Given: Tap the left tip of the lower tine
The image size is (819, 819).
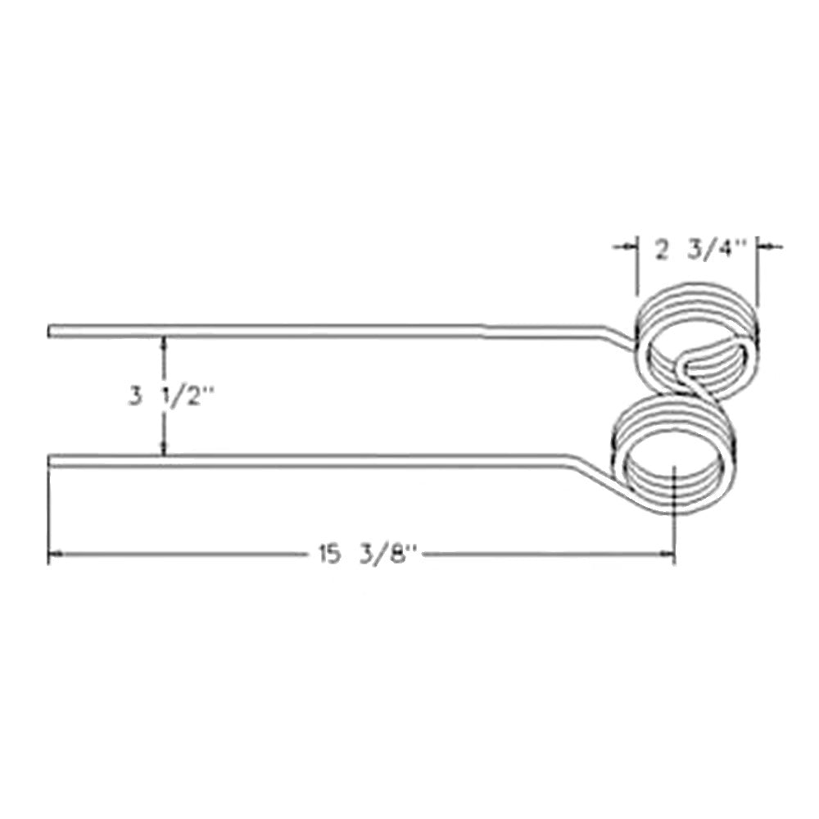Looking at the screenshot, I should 51,461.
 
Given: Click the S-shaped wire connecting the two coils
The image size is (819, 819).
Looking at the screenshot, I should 688,383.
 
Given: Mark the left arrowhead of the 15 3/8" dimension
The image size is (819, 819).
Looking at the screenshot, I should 54,555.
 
